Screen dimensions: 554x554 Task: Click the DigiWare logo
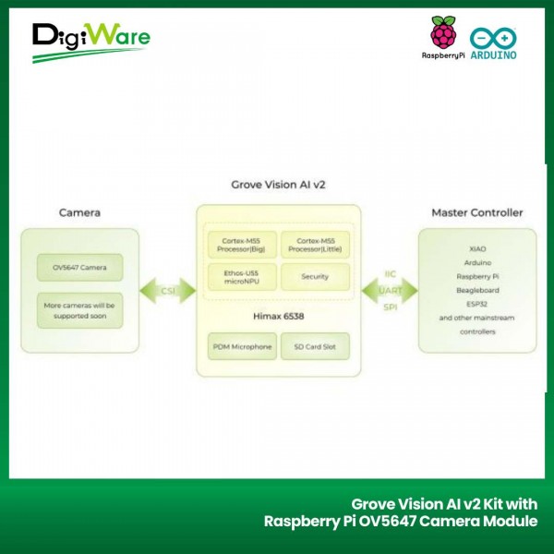pyautogui.click(x=90, y=41)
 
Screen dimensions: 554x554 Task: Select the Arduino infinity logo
pyautogui.click(x=493, y=37)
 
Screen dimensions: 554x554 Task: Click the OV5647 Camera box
pyautogui.click(x=79, y=269)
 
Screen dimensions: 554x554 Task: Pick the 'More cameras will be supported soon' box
pyautogui.click(x=79, y=309)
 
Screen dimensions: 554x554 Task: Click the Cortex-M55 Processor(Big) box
pyautogui.click(x=240, y=245)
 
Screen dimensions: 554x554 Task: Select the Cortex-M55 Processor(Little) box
pyautogui.click(x=315, y=245)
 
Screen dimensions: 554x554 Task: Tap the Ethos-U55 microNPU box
pyautogui.click(x=240, y=276)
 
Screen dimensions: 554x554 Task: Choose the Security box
pyautogui.click(x=315, y=276)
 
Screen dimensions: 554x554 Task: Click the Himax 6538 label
pyautogui.click(x=278, y=316)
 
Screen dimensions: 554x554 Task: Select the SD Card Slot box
pyautogui.click(x=315, y=346)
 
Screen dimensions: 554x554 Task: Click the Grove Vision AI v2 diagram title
pyautogui.click(x=278, y=185)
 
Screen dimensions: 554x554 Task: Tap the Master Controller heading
pyautogui.click(x=476, y=212)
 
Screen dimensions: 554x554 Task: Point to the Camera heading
pyautogui.click(x=79, y=212)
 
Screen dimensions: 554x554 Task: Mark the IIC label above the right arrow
pyautogui.click(x=389, y=273)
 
